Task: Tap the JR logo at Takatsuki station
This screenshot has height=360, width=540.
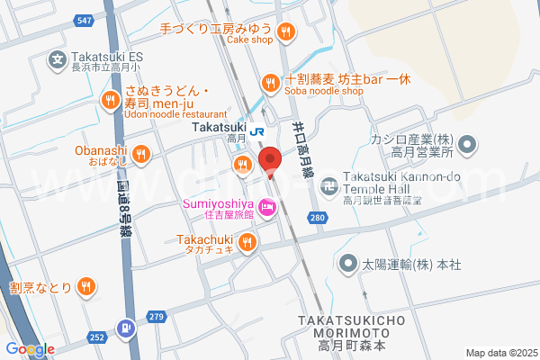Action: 258,130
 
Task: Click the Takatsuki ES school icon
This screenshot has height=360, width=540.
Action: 58,59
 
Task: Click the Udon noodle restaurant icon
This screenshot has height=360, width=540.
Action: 112,99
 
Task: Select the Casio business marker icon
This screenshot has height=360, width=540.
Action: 468,144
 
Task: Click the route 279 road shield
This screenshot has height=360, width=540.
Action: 157,316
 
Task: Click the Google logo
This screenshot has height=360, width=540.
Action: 30,349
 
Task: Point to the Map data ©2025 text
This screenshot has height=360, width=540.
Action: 499,352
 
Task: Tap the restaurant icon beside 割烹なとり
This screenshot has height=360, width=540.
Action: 85,287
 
